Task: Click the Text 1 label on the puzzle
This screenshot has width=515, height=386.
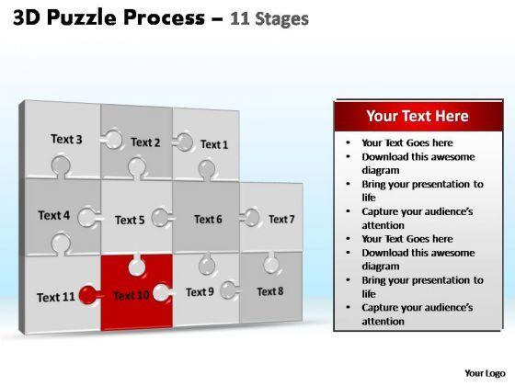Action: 214,144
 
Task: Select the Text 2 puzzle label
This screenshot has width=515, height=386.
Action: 145,142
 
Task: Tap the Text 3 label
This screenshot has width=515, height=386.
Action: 66,139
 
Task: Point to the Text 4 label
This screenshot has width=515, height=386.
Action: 54,215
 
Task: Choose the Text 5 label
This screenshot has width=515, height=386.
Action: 130,220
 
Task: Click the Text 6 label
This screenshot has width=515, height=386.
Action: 208,220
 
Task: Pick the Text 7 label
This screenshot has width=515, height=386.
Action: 281,219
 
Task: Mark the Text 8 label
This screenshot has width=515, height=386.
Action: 270,291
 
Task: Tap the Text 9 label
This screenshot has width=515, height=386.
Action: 200,292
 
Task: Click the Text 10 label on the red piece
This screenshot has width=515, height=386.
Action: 132,295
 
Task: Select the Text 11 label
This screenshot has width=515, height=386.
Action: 56,298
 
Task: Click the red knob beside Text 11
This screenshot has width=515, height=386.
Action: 88,294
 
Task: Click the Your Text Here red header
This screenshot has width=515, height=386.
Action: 418,116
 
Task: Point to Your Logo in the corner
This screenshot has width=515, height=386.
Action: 485,373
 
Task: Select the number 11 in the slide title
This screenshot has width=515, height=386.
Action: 240,18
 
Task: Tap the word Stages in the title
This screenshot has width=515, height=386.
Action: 281,19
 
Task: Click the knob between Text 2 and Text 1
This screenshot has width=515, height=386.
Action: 184,142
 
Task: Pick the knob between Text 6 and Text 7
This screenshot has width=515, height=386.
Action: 250,218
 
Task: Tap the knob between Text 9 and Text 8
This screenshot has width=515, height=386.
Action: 229,290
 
